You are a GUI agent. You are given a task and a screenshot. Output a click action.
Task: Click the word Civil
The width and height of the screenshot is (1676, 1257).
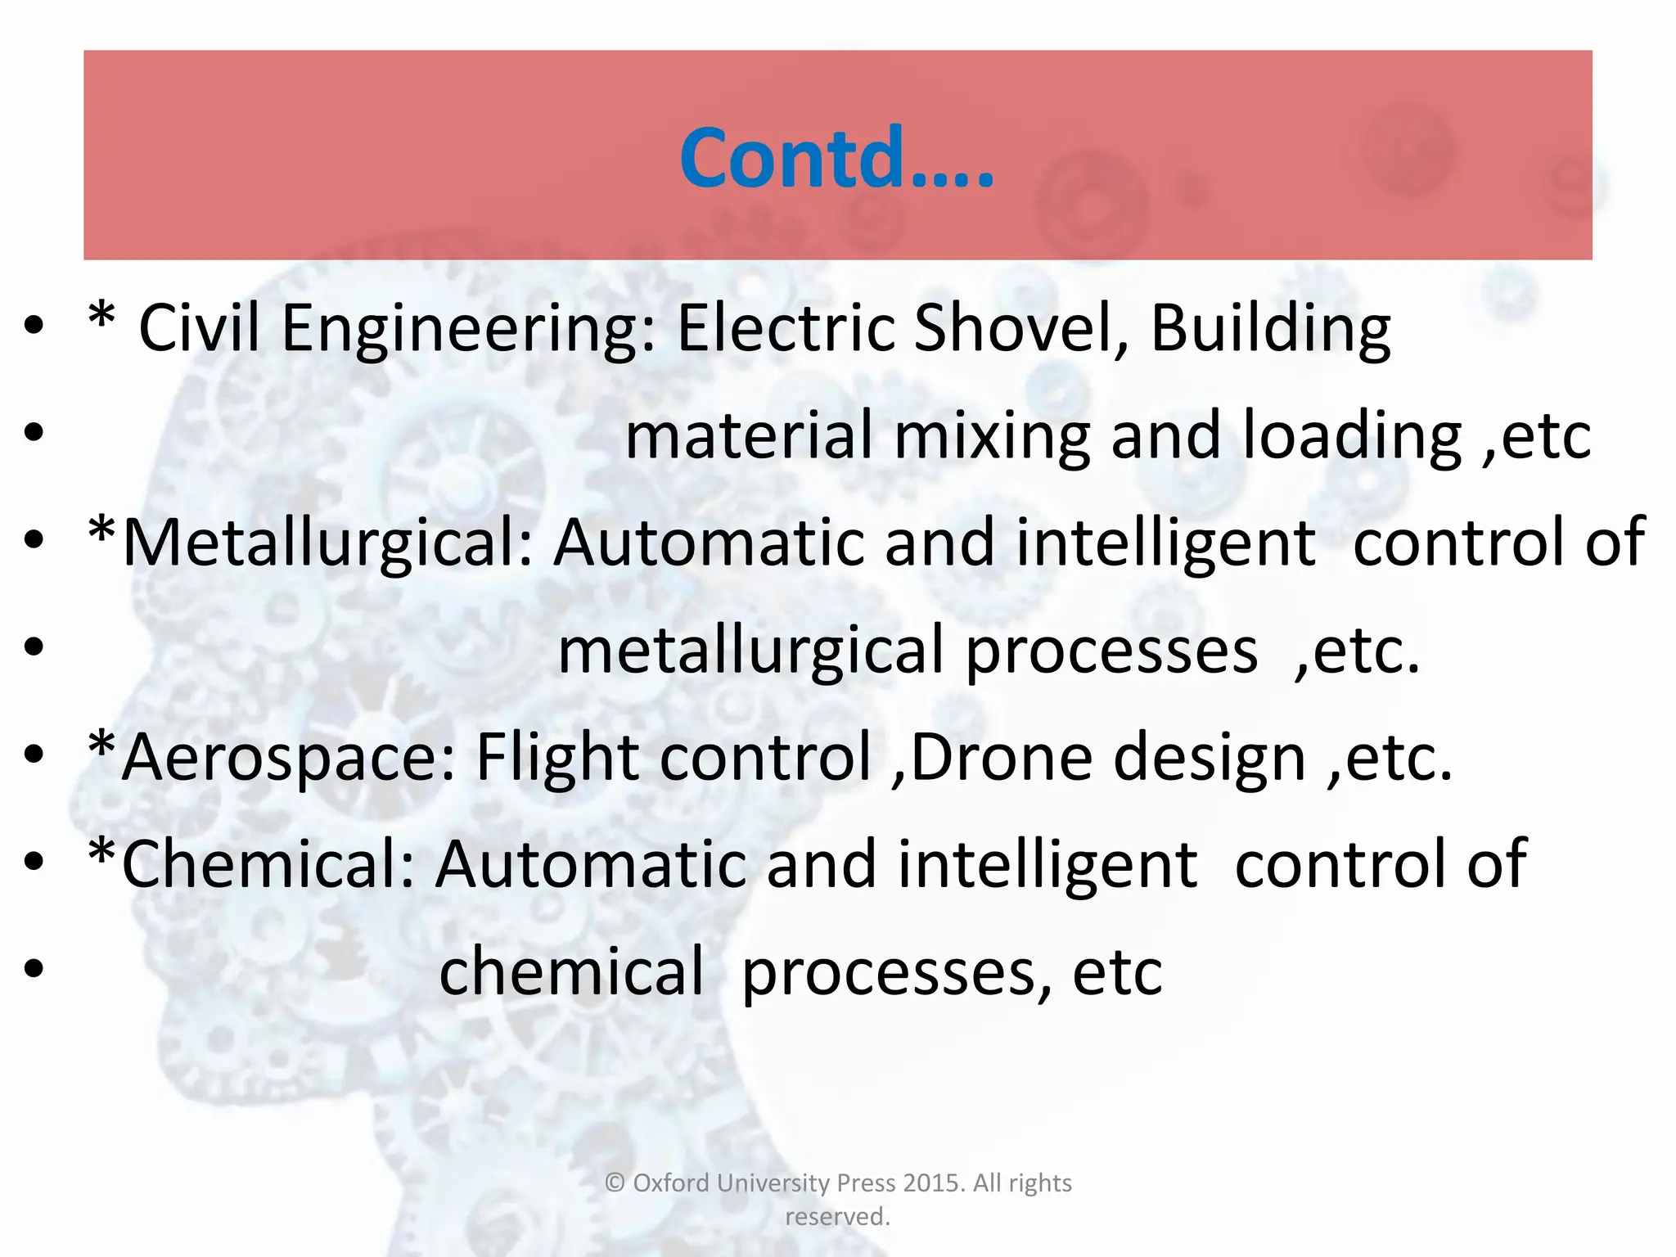199,328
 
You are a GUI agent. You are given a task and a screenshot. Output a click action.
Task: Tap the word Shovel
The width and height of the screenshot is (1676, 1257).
1020,328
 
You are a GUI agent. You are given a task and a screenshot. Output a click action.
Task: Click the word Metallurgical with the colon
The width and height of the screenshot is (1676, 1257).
327,543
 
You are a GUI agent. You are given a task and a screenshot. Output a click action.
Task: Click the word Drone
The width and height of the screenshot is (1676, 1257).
1001,757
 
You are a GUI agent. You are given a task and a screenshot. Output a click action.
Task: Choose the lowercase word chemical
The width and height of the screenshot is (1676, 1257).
571,972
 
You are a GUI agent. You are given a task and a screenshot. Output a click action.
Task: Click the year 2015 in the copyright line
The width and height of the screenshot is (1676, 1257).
934,1183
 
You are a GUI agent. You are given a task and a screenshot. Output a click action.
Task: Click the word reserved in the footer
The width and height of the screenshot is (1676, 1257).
836,1217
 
